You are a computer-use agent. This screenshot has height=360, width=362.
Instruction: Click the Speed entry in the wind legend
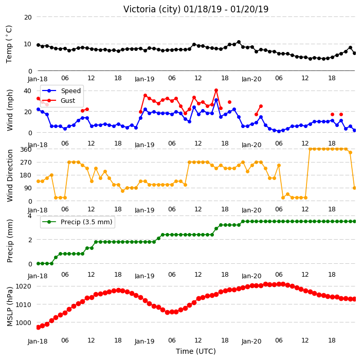(70, 91)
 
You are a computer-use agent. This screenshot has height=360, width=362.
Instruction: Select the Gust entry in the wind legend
(68, 101)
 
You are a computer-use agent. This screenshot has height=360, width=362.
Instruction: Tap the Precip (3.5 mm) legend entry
(86, 222)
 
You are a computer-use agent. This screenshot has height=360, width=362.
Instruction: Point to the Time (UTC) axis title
(196, 351)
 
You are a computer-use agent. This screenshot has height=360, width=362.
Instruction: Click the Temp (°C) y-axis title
(9, 44)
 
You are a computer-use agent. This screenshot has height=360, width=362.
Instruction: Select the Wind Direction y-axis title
(10, 175)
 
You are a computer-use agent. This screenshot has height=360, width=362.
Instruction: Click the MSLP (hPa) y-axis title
(10, 307)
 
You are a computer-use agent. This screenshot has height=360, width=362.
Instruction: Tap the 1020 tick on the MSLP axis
(23, 286)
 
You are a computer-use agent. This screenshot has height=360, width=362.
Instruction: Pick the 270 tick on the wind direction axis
(26, 163)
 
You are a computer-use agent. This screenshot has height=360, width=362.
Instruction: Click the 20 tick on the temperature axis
(28, 17)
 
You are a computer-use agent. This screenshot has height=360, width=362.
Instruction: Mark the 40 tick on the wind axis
(27, 91)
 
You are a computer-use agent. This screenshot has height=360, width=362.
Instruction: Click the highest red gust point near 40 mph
(216, 91)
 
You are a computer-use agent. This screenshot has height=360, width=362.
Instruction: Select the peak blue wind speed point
(216, 100)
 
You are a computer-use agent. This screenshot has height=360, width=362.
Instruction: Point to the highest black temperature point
(239, 42)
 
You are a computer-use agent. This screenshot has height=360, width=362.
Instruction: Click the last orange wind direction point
(355, 188)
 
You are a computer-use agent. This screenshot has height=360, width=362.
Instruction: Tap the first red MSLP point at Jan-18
(39, 327)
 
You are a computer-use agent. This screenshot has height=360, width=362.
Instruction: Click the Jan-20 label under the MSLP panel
(251, 341)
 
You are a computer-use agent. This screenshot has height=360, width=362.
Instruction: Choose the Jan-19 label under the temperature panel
(144, 79)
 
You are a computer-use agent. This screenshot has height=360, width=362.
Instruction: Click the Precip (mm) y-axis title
(10, 241)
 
